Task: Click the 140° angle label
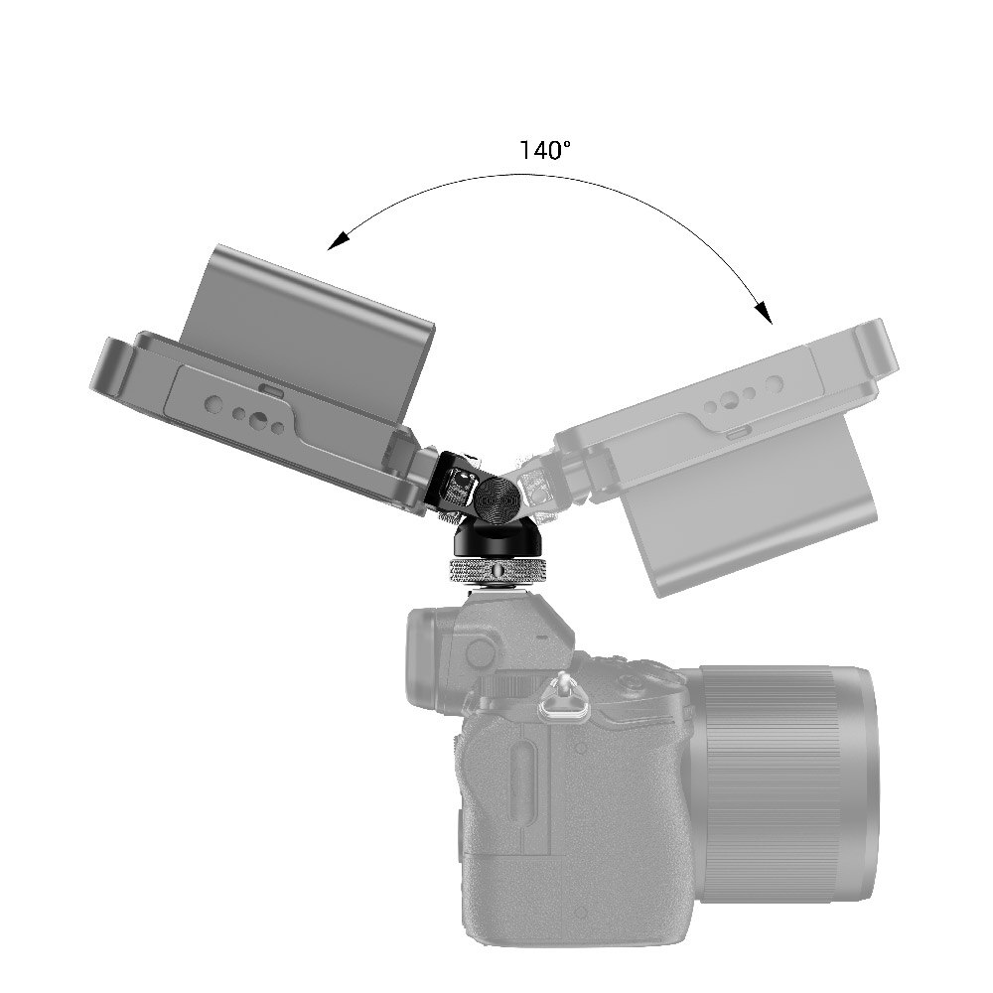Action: tap(545, 151)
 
